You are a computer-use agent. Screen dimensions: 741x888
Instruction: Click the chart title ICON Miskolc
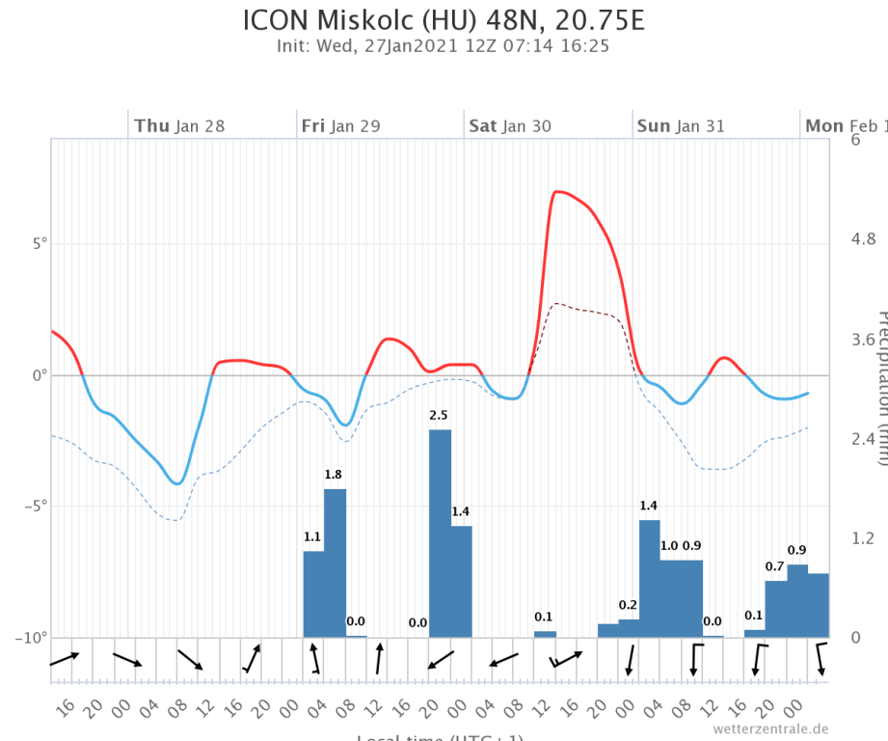click(444, 20)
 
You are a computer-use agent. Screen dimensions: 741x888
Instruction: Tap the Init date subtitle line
click(444, 45)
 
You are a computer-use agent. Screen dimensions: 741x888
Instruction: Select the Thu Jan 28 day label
click(179, 125)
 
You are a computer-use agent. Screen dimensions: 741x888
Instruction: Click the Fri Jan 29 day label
click(340, 125)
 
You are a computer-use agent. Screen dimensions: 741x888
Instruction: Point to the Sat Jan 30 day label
click(510, 125)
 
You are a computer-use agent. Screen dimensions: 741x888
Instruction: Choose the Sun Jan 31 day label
click(680, 125)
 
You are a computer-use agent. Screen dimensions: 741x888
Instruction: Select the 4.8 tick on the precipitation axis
click(859, 239)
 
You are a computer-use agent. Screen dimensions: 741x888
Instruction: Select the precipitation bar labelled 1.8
click(335, 563)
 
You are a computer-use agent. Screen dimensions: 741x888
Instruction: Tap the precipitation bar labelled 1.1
click(313, 594)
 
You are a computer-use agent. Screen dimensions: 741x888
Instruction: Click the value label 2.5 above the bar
click(439, 415)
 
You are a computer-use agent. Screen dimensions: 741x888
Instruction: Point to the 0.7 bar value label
click(775, 565)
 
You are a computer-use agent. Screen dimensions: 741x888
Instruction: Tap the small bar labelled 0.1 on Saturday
click(545, 634)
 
